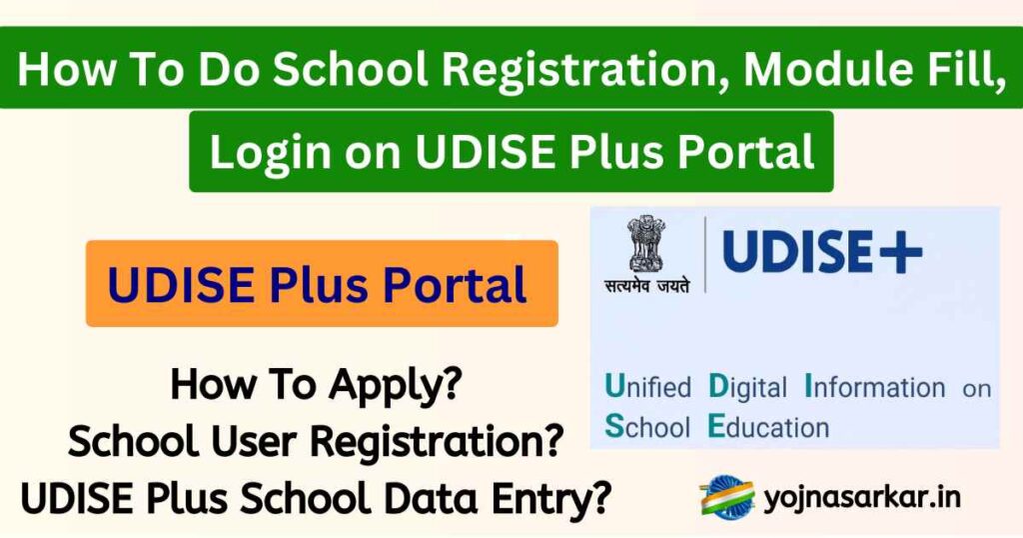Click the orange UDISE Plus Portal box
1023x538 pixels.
[x=321, y=284]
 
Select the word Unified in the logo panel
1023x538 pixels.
[x=648, y=388]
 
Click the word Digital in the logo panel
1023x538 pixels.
[x=746, y=388]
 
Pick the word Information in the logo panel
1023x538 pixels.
[x=875, y=388]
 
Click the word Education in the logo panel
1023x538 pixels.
[x=767, y=428]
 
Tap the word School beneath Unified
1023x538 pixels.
[x=648, y=428]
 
